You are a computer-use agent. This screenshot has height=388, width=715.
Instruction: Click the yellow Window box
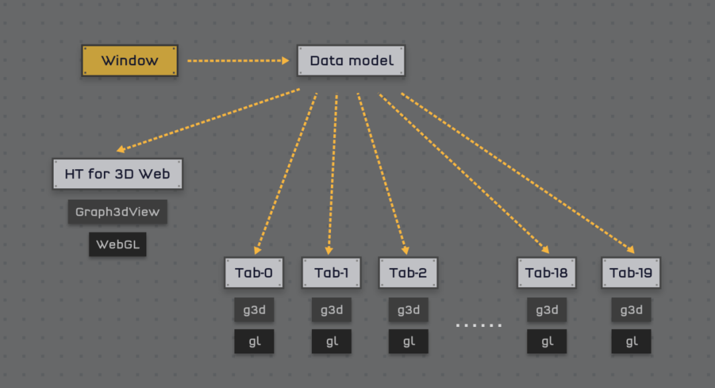[130, 60]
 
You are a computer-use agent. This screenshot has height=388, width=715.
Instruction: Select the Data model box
[351, 60]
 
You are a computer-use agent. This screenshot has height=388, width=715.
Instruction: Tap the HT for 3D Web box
[118, 174]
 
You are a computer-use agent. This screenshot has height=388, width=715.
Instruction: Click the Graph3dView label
[118, 212]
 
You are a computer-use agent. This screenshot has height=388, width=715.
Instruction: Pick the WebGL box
[118, 245]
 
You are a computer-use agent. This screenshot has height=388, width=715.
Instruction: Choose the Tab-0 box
[254, 273]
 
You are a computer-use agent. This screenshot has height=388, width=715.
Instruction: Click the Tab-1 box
[332, 273]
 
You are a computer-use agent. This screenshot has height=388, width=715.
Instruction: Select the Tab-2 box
[408, 273]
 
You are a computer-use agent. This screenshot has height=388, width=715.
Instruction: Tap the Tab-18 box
[547, 273]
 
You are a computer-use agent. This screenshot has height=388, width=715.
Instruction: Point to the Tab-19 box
[631, 273]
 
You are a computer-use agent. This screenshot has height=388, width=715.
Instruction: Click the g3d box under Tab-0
[254, 310]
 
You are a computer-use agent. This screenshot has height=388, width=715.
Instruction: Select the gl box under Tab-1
[332, 342]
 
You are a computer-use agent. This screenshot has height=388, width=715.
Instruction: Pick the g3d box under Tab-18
[547, 310]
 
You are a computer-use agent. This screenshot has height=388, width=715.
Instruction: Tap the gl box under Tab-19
[631, 342]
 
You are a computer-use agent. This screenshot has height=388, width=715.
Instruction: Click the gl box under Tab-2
[408, 342]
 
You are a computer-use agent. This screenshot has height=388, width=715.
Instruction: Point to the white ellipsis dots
[479, 326]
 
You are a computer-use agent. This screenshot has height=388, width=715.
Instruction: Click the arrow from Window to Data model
[238, 60]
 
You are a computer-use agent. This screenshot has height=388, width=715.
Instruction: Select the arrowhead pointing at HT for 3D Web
[121, 149]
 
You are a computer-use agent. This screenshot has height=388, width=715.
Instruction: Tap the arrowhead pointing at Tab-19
[631, 249]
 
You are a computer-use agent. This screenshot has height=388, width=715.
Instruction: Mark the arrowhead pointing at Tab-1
[329, 251]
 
